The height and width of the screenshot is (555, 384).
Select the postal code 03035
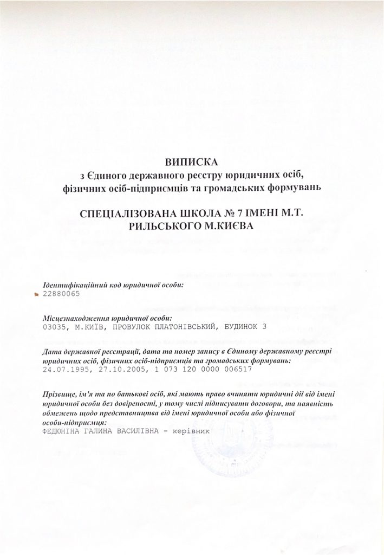[x=53, y=327]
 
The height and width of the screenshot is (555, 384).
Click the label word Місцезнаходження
[x=75, y=318]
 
